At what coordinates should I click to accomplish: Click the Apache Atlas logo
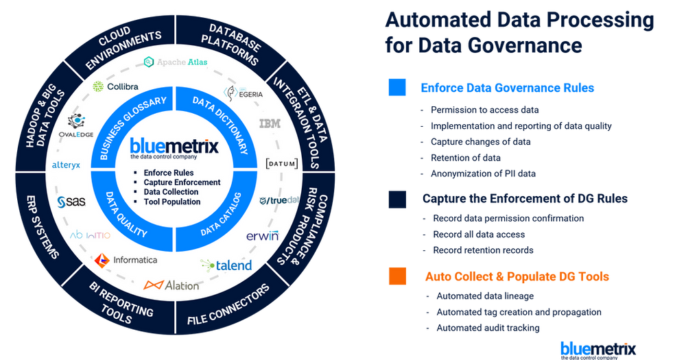[176, 62]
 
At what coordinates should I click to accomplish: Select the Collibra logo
[116, 87]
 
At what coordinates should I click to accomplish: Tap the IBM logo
[270, 124]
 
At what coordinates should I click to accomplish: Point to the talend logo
[226, 265]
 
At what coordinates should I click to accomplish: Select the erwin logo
[262, 236]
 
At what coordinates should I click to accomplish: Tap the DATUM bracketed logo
[282, 164]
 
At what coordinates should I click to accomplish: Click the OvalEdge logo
[75, 126]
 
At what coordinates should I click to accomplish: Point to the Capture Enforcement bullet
[182, 182]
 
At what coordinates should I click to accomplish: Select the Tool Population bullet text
[172, 202]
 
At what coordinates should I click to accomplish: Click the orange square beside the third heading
[397, 276]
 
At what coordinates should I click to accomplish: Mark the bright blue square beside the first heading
[397, 88]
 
